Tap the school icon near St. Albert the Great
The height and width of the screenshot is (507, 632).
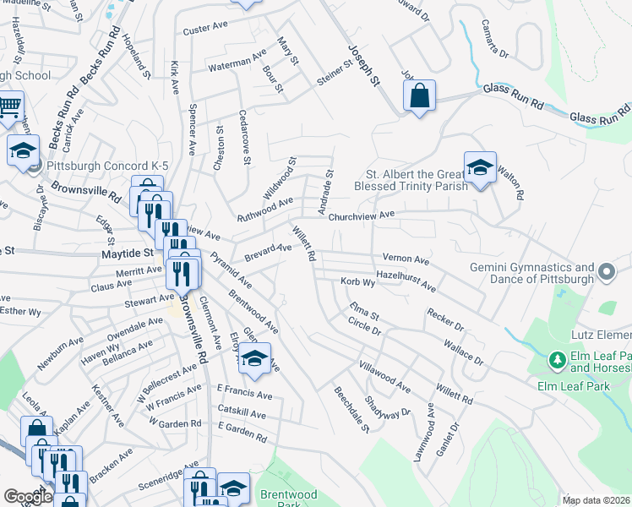click(x=479, y=168)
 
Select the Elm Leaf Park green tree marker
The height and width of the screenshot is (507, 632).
click(x=557, y=361)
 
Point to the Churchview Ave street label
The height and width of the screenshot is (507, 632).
click(x=362, y=215)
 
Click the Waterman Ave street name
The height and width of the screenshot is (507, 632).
click(x=237, y=62)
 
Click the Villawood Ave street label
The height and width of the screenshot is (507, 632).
click(x=384, y=377)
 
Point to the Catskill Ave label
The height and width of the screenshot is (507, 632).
click(x=242, y=416)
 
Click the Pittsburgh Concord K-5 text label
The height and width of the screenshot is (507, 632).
click(x=108, y=166)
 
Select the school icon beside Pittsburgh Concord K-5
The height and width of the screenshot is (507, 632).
click(x=23, y=151)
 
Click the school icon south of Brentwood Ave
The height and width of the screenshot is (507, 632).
click(x=253, y=359)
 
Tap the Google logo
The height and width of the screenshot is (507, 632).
click(x=28, y=497)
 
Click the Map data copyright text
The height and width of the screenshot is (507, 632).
click(x=595, y=500)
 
